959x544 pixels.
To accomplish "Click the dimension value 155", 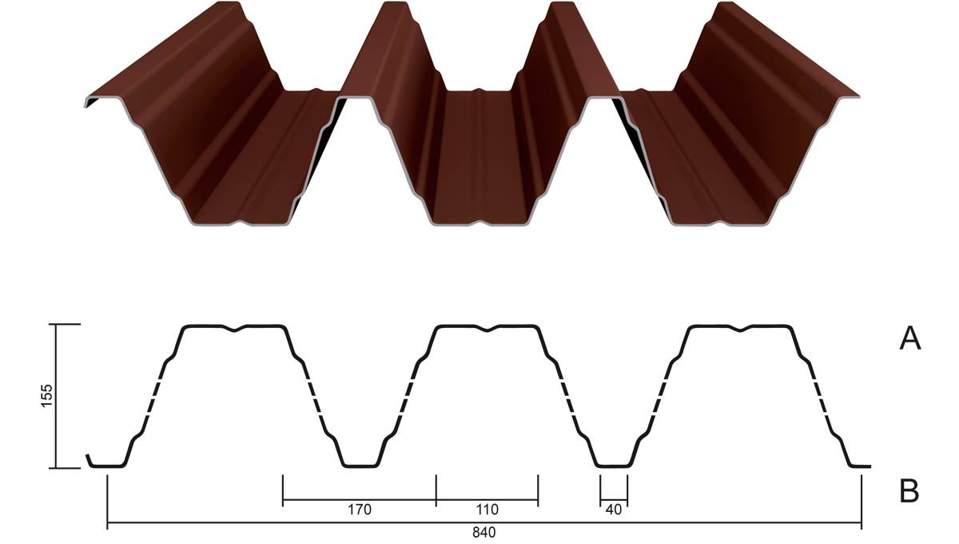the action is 46,395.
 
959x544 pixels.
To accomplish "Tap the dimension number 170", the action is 359,510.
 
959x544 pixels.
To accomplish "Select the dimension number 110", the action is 487,510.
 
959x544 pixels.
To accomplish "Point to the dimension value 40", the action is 614,510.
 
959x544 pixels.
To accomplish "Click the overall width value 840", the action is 483,533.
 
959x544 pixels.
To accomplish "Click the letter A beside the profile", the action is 909,338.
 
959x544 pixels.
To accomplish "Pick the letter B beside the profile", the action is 909,491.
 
